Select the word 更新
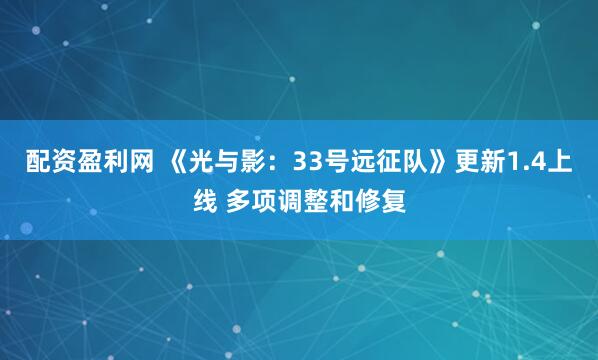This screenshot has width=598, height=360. click(x=485, y=163)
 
